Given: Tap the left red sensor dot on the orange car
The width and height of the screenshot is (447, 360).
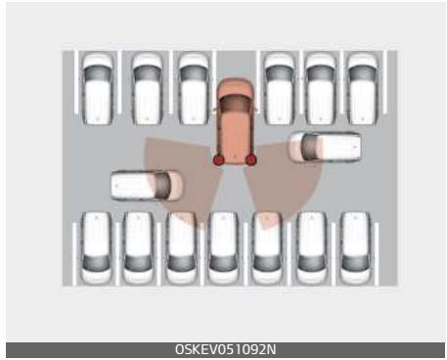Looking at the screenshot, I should (219, 158).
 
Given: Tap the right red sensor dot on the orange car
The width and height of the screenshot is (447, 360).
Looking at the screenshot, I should (251, 158).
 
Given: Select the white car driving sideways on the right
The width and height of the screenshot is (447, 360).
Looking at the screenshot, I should (324, 147).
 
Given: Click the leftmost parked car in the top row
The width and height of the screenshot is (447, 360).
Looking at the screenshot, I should (99, 87).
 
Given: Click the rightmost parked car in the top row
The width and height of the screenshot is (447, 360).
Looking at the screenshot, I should (361, 87).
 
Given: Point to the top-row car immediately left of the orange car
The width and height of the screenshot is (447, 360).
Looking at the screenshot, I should (194, 87).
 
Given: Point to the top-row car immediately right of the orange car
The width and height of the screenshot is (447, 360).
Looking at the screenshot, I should (279, 87).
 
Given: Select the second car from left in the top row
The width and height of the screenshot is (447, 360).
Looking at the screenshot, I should (147, 87).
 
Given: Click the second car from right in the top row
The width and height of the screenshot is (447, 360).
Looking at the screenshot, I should (319, 87).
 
